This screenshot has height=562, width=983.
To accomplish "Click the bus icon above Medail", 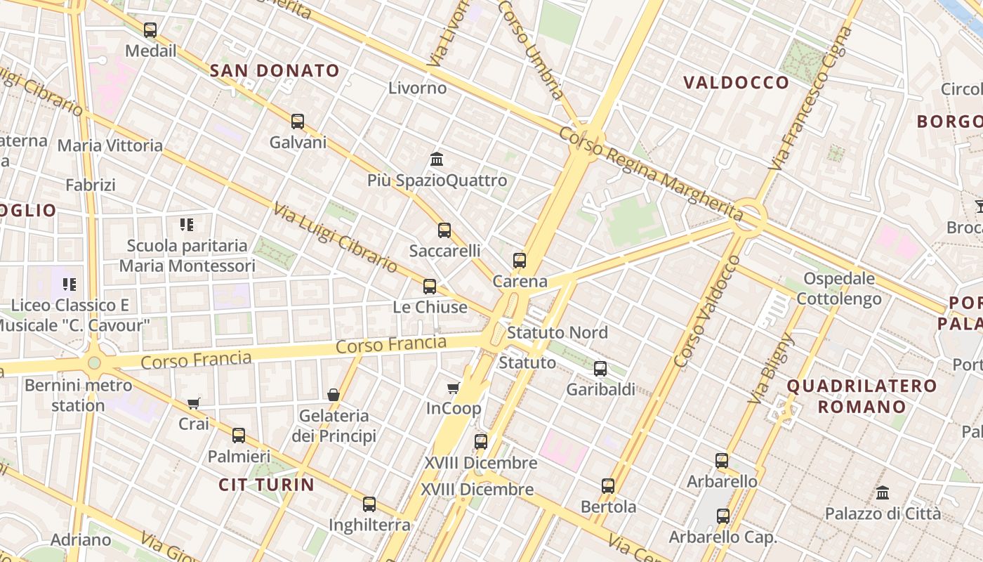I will pos(150,30).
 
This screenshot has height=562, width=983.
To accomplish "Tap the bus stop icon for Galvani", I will pos(298,122).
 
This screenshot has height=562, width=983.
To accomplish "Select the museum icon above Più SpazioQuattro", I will pos(437,159).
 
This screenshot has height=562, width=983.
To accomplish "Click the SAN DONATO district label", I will pos(275,70).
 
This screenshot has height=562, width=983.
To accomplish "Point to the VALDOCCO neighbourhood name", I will pos(737,82).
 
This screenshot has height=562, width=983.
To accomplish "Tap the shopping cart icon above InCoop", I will pos(454,388).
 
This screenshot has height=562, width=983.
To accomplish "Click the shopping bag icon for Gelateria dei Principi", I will pos(334,395).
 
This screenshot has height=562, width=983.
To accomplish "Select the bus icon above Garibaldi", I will pos(600,368).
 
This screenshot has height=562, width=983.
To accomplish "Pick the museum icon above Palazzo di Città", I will pos(883,492).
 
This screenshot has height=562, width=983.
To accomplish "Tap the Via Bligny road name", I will pos(771,369).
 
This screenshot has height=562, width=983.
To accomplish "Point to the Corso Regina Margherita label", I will pos(651,172).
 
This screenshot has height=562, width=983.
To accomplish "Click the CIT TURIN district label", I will pos(266,485).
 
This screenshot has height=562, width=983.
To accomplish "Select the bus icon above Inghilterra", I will pos(369,504).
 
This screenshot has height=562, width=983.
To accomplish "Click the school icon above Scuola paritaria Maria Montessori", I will pos(187,225).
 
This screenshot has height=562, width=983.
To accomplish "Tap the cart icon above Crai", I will pos(194,403).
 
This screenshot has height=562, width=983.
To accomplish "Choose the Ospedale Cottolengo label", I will pos(838,289).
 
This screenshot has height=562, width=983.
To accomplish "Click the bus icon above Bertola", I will pos(608,485).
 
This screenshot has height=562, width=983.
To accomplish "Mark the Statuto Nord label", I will pos(557,332).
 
